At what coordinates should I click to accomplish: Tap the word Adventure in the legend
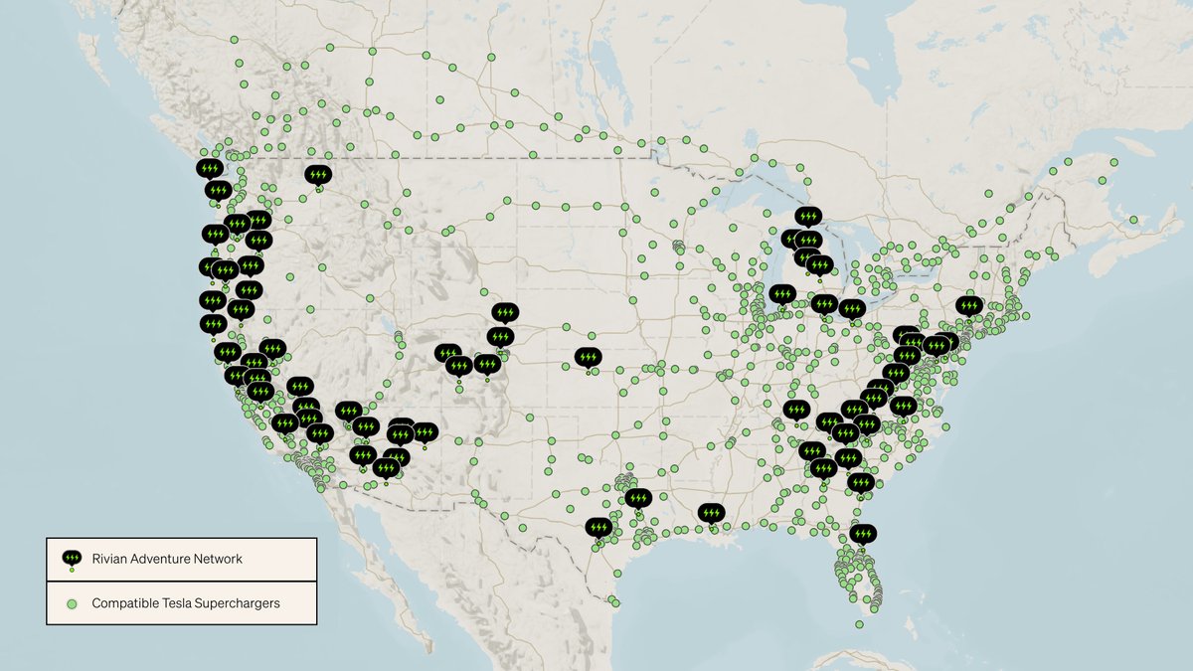tap(164, 559)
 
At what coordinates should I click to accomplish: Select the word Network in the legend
tap(220, 559)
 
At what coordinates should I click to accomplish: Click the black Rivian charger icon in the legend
tap(72, 558)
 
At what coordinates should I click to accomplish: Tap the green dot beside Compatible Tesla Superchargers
tap(72, 603)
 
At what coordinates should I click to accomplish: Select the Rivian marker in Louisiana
tap(712, 513)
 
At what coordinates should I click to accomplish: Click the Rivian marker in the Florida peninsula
tap(863, 533)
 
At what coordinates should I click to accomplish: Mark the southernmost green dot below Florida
tap(859, 624)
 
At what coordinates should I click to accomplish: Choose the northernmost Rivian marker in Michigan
tap(808, 216)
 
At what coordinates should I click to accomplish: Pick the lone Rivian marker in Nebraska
tap(588, 357)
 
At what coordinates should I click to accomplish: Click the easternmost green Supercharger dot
tap(1133, 220)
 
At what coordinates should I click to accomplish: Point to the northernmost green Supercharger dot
tap(234, 40)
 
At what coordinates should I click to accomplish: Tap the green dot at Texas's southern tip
tap(615, 603)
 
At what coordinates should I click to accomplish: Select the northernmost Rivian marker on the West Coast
tap(210, 169)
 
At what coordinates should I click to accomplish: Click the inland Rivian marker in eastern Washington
tap(318, 175)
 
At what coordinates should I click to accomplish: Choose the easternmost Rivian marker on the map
tap(969, 305)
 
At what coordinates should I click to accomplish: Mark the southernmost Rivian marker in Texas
tap(599, 527)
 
